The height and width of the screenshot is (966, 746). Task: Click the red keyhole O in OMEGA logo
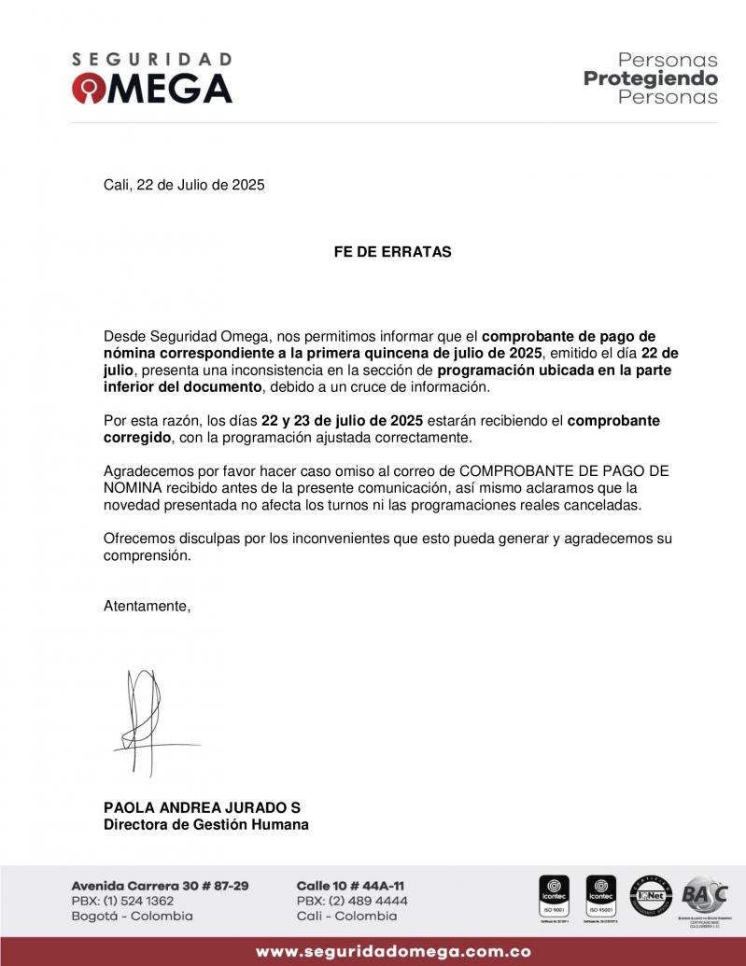click(91, 89)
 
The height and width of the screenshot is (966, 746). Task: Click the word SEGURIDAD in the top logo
click(151, 59)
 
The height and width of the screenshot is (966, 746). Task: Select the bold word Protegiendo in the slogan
click(651, 78)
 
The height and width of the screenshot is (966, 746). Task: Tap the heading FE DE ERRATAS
click(392, 252)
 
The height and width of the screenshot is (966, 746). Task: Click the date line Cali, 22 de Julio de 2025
click(184, 185)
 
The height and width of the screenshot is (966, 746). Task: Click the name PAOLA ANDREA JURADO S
click(202, 807)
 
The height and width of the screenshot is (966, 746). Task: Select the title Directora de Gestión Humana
click(205, 824)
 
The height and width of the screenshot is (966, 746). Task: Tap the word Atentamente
click(147, 606)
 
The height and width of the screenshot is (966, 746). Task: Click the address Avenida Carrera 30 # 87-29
click(160, 885)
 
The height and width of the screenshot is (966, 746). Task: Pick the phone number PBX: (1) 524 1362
click(122, 901)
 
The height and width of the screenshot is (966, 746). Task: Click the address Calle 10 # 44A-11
click(350, 885)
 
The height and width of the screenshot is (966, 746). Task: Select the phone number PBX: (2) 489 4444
click(352, 901)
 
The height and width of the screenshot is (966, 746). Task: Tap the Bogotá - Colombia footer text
click(132, 917)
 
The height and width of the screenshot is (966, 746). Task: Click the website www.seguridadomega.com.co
click(393, 952)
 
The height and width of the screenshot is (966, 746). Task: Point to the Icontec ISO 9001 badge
click(555, 897)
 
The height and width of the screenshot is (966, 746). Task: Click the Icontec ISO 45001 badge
click(600, 897)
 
